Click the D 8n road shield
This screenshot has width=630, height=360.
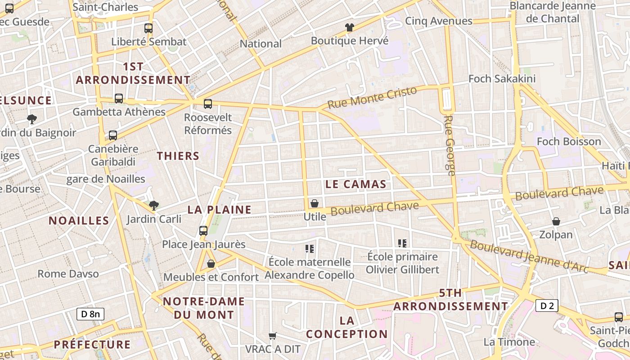(90, 314)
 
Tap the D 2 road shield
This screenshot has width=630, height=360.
(547, 306)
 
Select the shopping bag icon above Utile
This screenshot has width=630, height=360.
(315, 203)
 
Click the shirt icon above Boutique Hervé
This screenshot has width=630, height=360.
(350, 27)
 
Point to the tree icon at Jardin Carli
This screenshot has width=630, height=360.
(154, 206)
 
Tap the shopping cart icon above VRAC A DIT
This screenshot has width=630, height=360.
(272, 336)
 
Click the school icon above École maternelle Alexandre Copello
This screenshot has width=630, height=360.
(309, 248)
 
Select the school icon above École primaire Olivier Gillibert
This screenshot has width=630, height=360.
(402, 243)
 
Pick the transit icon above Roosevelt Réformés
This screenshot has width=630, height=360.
(208, 104)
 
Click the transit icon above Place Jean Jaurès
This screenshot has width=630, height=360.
(203, 231)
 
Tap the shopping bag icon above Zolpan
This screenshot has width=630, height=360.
(556, 221)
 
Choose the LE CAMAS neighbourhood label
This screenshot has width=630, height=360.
(355, 184)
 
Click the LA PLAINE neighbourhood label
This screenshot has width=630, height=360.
(219, 210)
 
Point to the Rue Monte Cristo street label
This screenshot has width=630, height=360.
(372, 98)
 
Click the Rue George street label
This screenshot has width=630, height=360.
(450, 145)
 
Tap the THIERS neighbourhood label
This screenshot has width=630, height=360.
(178, 156)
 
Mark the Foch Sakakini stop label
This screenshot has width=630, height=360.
(502, 79)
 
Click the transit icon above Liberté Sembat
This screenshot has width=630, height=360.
(148, 28)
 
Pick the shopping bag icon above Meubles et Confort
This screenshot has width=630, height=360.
(211, 264)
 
